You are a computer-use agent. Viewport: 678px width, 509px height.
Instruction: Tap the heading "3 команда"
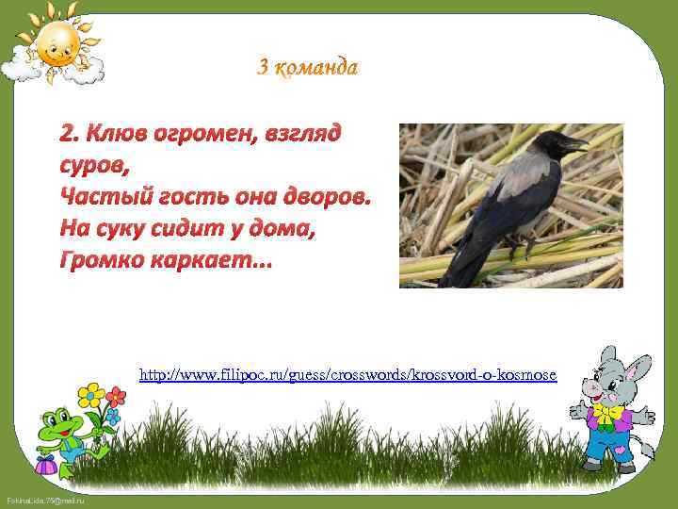[x=308, y=67]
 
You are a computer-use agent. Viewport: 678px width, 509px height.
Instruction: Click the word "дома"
[x=282, y=227]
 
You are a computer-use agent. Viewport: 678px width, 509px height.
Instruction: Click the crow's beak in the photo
[x=576, y=145]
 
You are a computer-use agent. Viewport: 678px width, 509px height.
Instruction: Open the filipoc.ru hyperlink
[x=347, y=375]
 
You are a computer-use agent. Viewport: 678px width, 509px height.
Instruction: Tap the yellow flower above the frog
[x=90, y=394]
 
